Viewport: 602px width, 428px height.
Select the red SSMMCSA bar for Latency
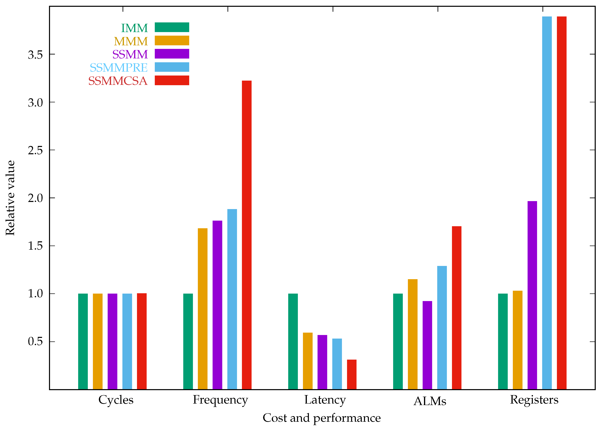tap(351, 374)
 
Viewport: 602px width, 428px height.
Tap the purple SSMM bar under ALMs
tap(427, 345)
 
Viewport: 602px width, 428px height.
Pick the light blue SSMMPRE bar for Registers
tap(547, 203)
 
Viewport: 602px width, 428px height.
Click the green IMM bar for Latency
tap(293, 341)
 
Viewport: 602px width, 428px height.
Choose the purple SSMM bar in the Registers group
tap(532, 295)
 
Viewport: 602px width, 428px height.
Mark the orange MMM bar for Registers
tap(518, 340)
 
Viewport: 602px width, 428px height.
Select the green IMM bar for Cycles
tap(83, 341)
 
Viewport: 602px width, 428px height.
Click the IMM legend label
tap(134, 28)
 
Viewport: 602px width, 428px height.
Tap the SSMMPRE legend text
tap(119, 68)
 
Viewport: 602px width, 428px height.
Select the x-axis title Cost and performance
tap(321, 418)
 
